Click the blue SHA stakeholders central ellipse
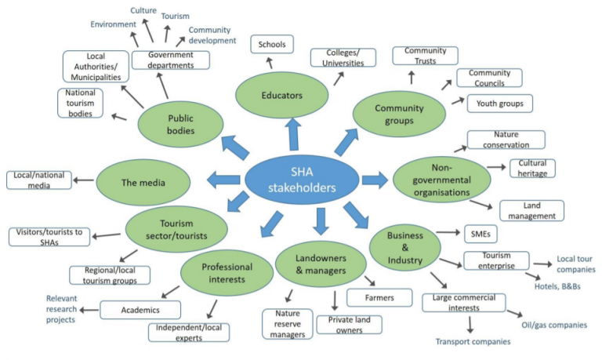tap(301, 180)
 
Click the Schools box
tap(271, 45)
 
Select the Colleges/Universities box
tap(341, 57)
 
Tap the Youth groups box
tap(499, 103)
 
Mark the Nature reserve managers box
tap(285, 323)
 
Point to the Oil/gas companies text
tap(554, 324)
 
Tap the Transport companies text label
tap(473, 341)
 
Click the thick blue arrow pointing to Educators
tap(293, 134)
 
